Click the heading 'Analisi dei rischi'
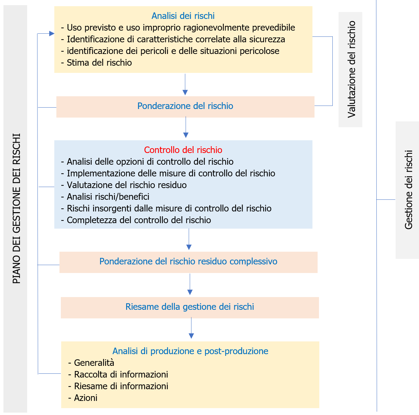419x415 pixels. (183, 16)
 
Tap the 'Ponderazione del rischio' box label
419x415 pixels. (185, 106)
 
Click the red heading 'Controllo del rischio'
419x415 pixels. (183, 150)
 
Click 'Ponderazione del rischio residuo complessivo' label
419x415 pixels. (188, 261)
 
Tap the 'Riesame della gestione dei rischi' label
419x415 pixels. (189, 307)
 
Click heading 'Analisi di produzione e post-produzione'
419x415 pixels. (190, 351)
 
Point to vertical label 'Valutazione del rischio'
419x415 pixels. (351, 69)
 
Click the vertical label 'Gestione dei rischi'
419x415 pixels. (408, 189)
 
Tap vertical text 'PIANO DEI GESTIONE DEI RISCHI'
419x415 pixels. (16, 208)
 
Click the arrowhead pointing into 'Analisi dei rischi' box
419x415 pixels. (52, 33)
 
